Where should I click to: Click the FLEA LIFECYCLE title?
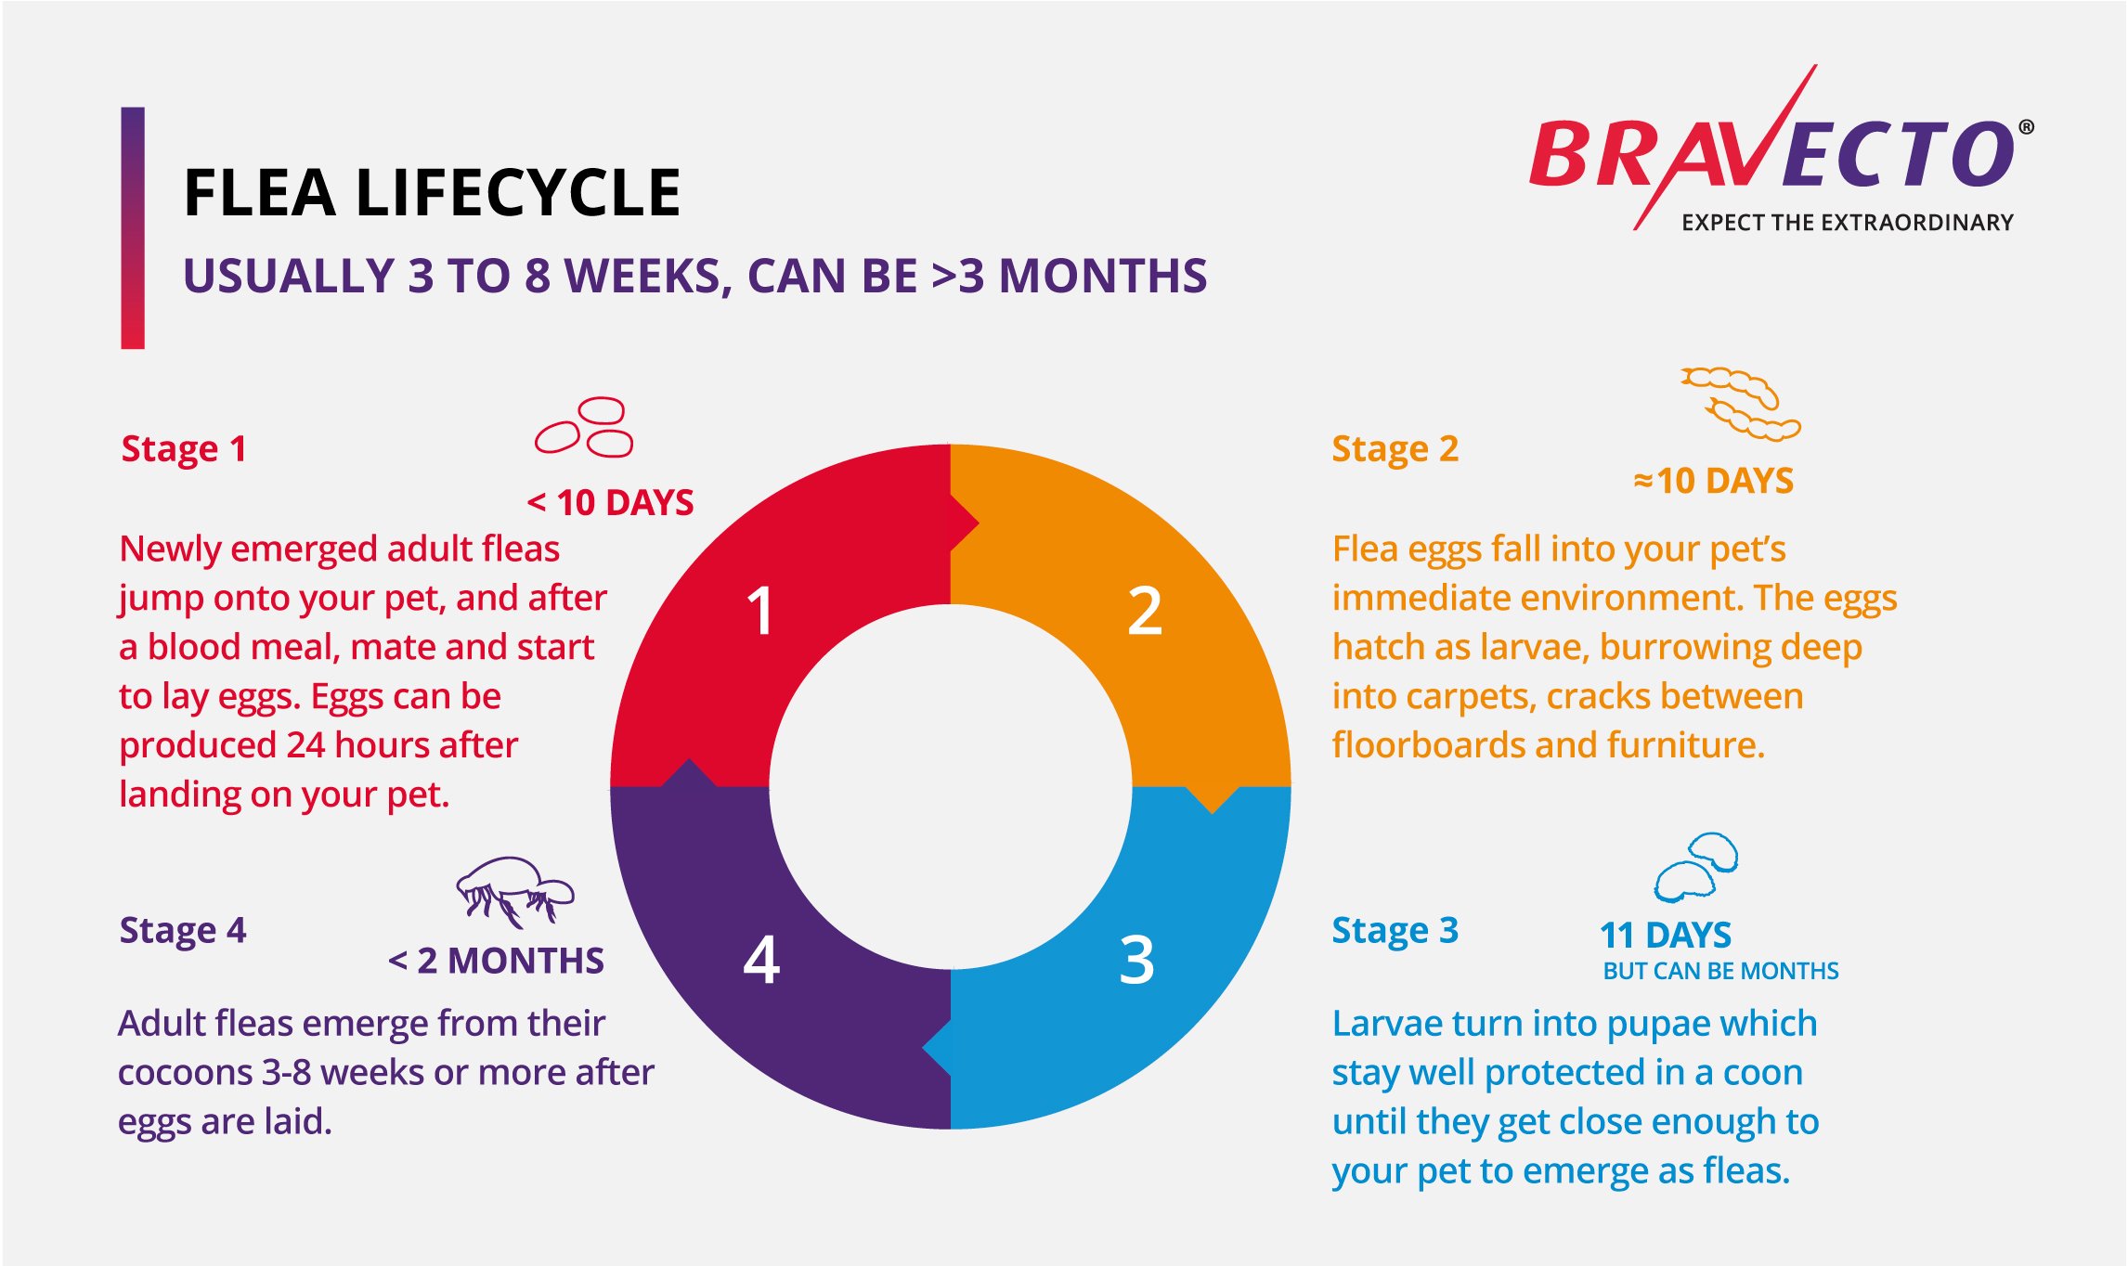[x=433, y=193]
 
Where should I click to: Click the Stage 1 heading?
[x=184, y=449]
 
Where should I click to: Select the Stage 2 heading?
[x=1395, y=449]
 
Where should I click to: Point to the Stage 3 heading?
[x=1395, y=931]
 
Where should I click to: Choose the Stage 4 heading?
[x=183, y=931]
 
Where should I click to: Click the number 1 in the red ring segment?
[x=760, y=612]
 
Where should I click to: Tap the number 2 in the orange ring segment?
[x=1145, y=612]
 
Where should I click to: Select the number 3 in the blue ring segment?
[x=1137, y=960]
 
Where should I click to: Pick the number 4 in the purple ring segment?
[x=761, y=960]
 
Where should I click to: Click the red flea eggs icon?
[x=584, y=427]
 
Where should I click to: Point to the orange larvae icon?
[x=1741, y=404]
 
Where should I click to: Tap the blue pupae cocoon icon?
[x=1696, y=867]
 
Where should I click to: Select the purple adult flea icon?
[x=515, y=891]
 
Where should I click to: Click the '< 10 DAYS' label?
[x=610, y=503]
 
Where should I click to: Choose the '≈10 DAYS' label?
[x=1714, y=481]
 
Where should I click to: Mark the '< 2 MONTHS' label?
[x=496, y=961]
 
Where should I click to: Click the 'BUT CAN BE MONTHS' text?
[x=1720, y=971]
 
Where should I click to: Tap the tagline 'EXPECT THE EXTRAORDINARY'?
[x=1848, y=223]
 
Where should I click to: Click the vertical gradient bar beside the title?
[x=133, y=228]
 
